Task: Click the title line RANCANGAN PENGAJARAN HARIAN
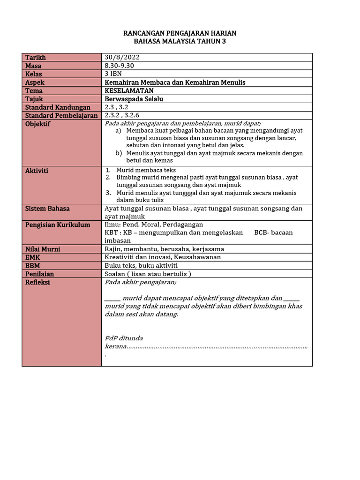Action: tap(180, 33)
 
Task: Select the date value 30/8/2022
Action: tap(122, 57)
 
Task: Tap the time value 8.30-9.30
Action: tap(120, 66)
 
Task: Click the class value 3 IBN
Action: tap(114, 74)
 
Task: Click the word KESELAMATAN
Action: tap(129, 90)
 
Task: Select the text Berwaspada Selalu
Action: tap(134, 99)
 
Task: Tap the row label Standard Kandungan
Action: tap(57, 107)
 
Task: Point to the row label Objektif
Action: tap(37, 124)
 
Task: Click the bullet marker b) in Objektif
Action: tap(118, 153)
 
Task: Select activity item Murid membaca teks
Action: tap(146, 170)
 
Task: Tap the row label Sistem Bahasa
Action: tap(47, 208)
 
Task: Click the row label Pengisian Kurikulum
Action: tap(57, 225)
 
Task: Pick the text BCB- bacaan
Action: tap(273, 232)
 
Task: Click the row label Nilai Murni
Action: tap(43, 249)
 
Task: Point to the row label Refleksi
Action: tap(37, 282)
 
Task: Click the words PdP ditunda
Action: tap(124, 338)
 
